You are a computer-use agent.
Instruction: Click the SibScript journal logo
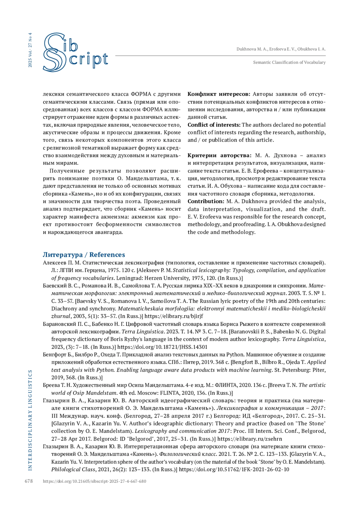tap(75, 52)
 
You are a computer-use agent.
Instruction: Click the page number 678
tap(29, 481)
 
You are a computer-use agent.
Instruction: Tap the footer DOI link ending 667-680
tap(94, 481)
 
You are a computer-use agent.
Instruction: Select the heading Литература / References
tap(84, 255)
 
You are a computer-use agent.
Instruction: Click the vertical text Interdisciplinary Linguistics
tap(30, 420)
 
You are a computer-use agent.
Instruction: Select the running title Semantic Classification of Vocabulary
tap(289, 62)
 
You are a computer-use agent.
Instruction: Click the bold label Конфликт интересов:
tap(219, 94)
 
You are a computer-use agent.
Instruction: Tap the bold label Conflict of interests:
tap(214, 125)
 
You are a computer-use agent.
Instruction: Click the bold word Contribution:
tap(206, 201)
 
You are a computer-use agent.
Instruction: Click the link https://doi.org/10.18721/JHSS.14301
tap(162, 347)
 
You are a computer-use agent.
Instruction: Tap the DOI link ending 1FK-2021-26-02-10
tap(234, 469)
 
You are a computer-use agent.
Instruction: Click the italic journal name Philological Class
tap(73, 469)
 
